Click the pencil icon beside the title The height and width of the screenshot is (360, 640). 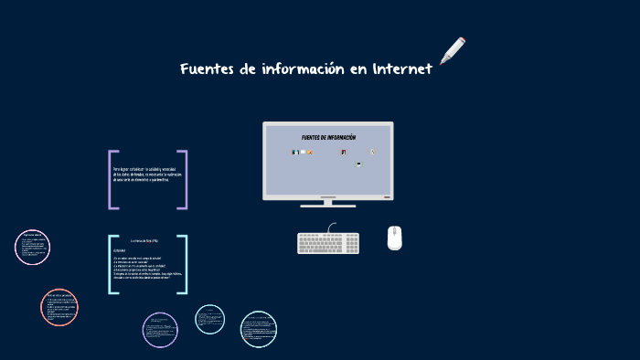pyautogui.click(x=453, y=51)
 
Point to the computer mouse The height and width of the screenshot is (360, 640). pyautogui.click(x=394, y=238)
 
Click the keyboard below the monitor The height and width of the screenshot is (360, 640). pyautogui.click(x=328, y=243)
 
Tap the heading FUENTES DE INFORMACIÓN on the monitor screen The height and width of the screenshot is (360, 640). pyautogui.click(x=328, y=138)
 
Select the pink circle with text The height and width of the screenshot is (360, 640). pyautogui.click(x=32, y=247)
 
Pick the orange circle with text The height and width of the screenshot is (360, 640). pyautogui.click(x=59, y=307)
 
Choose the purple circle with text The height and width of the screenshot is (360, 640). pyautogui.click(x=160, y=330)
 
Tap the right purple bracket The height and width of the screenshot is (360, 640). pyautogui.click(x=185, y=180)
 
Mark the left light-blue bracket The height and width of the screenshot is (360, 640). pyautogui.click(x=111, y=265)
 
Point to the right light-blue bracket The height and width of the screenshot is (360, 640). pyautogui.click(x=185, y=265)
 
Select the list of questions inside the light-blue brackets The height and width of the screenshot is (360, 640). pyautogui.click(x=146, y=266)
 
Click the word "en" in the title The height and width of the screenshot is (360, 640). pyautogui.click(x=357, y=70)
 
